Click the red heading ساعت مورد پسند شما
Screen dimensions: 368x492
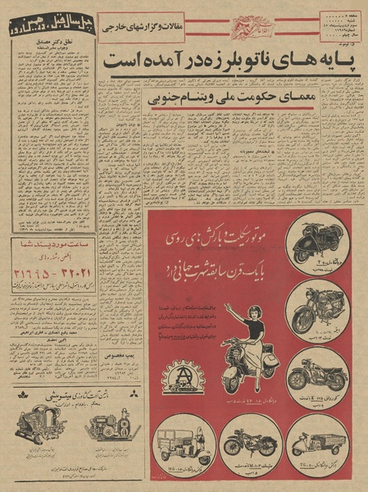(x=49, y=243)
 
